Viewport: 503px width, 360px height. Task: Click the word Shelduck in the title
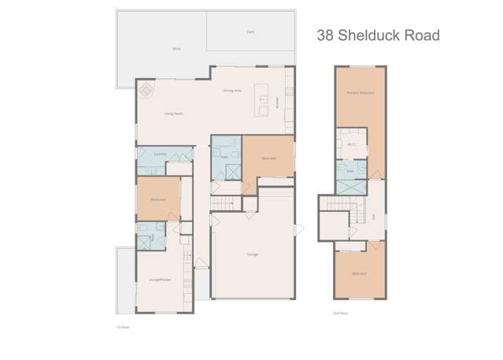(368, 35)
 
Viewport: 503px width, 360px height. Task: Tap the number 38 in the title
(324, 35)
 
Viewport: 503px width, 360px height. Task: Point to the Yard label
(250, 32)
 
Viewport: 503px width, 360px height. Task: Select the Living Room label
(173, 113)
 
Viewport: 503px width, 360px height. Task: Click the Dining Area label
(231, 91)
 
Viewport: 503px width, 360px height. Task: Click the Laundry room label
(159, 154)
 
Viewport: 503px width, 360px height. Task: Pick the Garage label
(253, 254)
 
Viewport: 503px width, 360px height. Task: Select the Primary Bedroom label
(360, 94)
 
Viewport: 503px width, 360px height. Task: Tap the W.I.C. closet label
(352, 144)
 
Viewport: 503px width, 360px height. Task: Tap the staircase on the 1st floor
(226, 204)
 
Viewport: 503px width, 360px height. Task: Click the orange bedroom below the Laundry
(158, 199)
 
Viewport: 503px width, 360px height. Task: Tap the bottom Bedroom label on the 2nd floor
(359, 273)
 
